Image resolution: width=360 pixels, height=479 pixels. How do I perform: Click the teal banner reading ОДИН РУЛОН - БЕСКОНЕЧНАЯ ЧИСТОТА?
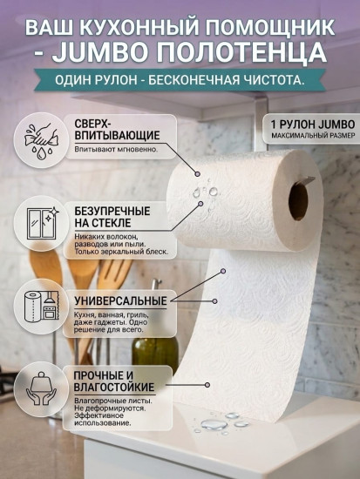click(180, 81)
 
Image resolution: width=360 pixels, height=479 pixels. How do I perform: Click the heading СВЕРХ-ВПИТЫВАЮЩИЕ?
click(117, 129)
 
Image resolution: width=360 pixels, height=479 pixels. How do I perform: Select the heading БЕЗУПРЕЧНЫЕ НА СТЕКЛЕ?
click(112, 217)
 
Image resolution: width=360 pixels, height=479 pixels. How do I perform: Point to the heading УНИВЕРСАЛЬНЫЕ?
click(121, 300)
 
